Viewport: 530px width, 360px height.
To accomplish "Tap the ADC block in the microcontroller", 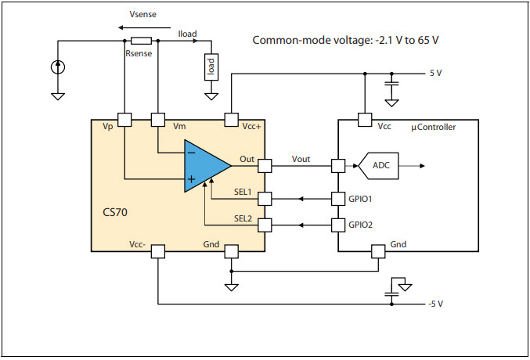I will (380, 165).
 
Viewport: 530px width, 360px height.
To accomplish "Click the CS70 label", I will (115, 213).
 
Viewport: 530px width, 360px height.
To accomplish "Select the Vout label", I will (301, 159).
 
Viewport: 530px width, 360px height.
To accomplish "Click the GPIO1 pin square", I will (338, 199).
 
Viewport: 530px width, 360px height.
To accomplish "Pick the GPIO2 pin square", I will (338, 225).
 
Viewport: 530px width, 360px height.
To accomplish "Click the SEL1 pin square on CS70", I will (265, 199).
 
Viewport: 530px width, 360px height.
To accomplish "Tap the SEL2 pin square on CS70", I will (265, 225).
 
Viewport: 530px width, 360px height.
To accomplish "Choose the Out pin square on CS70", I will (265, 166).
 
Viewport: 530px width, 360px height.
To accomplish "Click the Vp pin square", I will (124, 120).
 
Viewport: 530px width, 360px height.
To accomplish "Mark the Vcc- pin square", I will (157, 251).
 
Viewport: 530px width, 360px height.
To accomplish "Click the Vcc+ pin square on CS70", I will (231, 120).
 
